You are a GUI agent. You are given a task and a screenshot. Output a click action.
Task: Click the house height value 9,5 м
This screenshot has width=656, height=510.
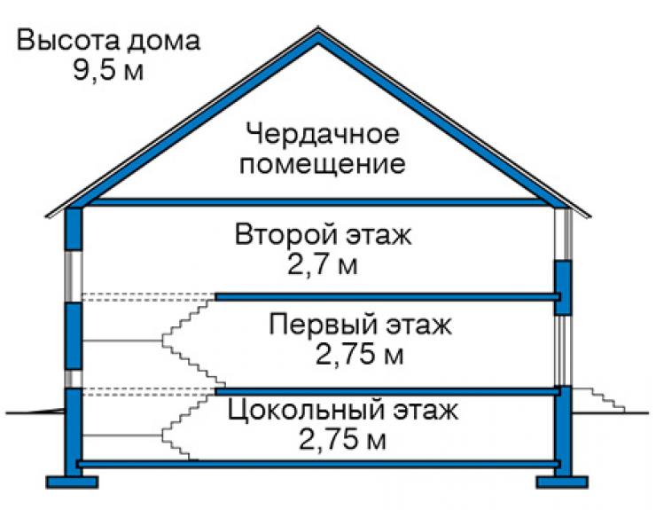pyautogui.click(x=108, y=69)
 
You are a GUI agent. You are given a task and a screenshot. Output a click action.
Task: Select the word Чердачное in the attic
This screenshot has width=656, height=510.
pyautogui.click(x=322, y=134)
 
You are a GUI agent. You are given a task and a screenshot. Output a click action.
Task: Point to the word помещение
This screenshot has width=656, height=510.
pyautogui.click(x=322, y=163)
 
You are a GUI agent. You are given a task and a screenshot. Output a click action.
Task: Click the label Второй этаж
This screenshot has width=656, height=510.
pyautogui.click(x=323, y=234)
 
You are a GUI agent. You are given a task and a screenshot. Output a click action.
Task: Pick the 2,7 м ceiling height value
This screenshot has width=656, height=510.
pyautogui.click(x=322, y=264)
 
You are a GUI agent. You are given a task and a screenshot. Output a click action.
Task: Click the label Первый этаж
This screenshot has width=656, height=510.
pyautogui.click(x=360, y=325)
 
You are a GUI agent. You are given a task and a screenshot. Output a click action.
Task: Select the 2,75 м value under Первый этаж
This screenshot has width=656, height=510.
pyautogui.click(x=359, y=354)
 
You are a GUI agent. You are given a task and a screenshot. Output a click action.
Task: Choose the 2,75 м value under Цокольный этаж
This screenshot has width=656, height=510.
pyautogui.click(x=342, y=440)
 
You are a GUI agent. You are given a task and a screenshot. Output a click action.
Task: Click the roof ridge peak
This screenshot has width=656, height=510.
pyautogui.click(x=318, y=29)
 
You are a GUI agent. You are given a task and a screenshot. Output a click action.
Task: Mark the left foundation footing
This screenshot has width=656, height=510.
pyautogui.click(x=72, y=482)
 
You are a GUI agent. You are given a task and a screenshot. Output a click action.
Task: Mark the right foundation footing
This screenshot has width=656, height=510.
pyautogui.click(x=562, y=482)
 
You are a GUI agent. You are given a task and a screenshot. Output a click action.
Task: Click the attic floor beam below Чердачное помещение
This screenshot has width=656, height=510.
pyautogui.click(x=318, y=202)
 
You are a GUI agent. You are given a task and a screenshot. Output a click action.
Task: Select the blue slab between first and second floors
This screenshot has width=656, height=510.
pyautogui.click(x=387, y=297)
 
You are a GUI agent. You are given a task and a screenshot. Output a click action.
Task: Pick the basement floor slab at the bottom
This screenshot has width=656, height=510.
pyautogui.click(x=319, y=464)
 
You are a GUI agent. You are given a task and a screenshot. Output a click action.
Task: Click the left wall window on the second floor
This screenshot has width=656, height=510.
pyautogui.click(x=74, y=277)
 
